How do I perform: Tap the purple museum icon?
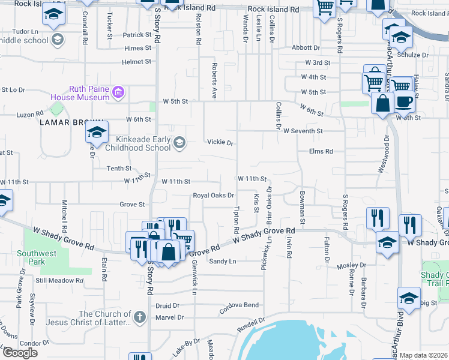(118, 92)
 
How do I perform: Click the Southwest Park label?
(37, 257)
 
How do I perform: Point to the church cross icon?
(139, 317)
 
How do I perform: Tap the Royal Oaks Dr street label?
(213, 196)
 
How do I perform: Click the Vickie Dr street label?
(220, 143)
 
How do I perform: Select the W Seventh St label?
(303, 131)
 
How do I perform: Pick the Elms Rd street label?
(321, 152)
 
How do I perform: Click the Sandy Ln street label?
(223, 262)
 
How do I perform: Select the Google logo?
(20, 353)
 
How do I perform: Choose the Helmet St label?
(136, 61)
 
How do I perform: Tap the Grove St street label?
(132, 205)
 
